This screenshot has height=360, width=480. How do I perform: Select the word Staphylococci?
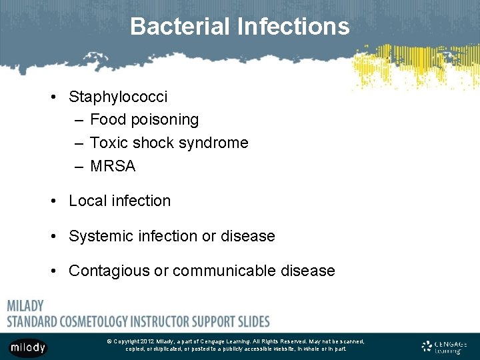pos(118,97)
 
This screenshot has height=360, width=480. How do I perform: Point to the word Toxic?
pos(109,143)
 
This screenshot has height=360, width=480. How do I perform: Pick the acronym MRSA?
pos(112,166)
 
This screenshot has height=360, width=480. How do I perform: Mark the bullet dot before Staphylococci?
pos(53,97)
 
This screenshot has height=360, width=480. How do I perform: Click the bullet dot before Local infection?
pos(53,201)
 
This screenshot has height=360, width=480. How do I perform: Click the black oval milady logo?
pos(28,347)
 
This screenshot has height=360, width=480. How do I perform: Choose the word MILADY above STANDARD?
pos(25,306)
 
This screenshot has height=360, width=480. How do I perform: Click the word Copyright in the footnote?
pos(131,341)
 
